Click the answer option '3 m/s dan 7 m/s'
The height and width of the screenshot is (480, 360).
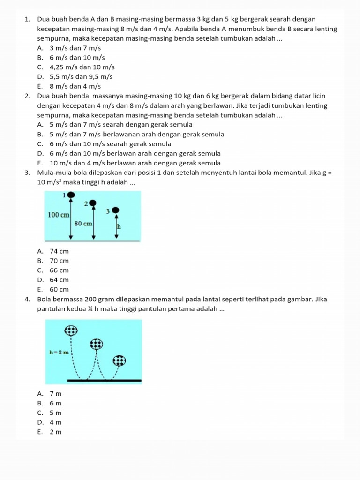(75, 48)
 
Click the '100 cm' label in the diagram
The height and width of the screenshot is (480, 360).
(59, 214)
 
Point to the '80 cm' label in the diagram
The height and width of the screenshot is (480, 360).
(83, 223)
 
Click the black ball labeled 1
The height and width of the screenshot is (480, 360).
(70, 195)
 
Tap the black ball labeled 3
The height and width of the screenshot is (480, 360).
(116, 210)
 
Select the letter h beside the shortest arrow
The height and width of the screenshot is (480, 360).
(119, 226)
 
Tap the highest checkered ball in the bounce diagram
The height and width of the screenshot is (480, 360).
(71, 330)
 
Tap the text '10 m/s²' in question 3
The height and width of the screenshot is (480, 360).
(50, 182)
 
